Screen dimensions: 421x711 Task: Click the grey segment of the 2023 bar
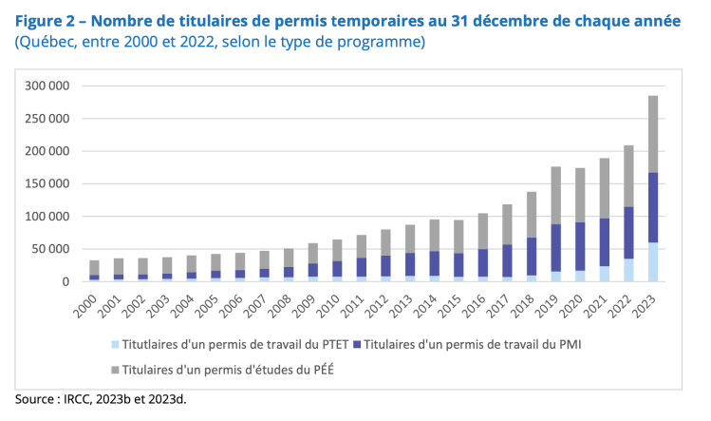point(653,134)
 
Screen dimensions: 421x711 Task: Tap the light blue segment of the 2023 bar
point(653,262)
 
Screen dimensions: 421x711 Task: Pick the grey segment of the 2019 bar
point(556,195)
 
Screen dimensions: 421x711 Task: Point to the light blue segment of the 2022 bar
point(628,270)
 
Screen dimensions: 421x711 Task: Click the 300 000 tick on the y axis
point(46,86)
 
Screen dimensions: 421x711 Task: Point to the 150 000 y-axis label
point(46,183)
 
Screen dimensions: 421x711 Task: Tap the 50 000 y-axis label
point(49,249)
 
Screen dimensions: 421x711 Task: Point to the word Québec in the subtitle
point(48,43)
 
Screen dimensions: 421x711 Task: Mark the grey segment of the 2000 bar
point(95,268)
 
